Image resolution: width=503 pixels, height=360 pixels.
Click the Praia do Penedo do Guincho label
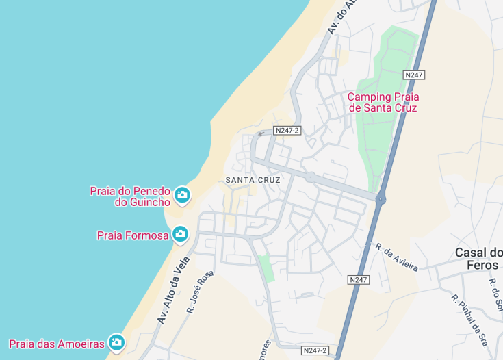point(130,196)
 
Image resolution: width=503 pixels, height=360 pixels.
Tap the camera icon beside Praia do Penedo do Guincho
point(181,196)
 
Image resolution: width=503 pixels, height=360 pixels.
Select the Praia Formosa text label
point(133,235)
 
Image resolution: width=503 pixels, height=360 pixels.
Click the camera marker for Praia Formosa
point(180,235)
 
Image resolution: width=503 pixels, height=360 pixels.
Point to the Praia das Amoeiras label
point(57,343)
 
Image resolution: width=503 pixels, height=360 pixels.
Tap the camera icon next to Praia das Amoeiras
point(117,342)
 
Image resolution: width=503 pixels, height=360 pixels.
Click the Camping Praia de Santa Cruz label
point(383,102)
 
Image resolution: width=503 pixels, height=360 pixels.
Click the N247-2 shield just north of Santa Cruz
point(287,130)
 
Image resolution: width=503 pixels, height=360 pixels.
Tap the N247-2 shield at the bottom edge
point(315,350)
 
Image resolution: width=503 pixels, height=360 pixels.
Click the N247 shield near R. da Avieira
point(359,280)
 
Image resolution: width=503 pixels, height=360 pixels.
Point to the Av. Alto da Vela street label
point(172,294)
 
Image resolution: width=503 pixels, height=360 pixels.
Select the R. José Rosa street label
point(200,292)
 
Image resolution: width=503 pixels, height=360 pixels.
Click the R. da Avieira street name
point(396,257)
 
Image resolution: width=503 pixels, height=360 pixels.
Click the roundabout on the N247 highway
point(381,199)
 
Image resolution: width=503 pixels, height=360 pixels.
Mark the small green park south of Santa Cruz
point(267,268)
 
